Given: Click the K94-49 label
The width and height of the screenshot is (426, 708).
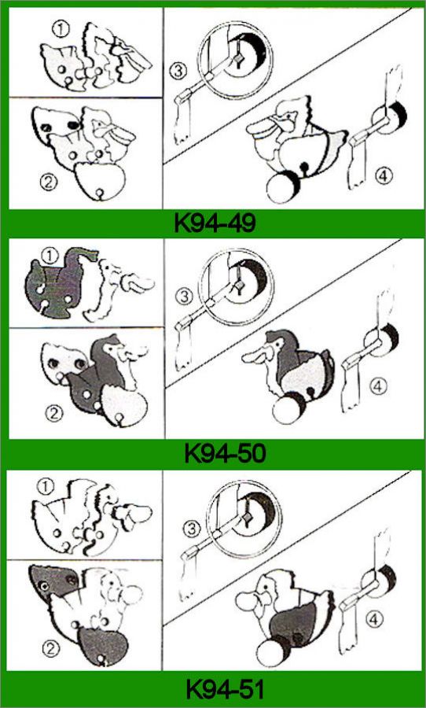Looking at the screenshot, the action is pos(215,223).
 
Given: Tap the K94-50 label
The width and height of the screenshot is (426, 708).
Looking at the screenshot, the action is pos(225,454).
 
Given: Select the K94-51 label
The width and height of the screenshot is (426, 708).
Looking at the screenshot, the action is pos(226,689).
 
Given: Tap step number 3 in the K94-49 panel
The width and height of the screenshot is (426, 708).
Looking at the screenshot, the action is pos(178,72).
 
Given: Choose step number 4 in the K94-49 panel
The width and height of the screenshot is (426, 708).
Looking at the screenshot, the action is pos(383,176).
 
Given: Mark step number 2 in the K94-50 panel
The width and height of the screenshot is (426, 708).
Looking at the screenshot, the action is pos(53,414).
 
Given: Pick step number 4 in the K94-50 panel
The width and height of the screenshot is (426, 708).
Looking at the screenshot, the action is pos(377,386).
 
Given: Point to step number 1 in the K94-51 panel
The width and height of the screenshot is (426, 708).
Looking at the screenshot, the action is pos(47,486).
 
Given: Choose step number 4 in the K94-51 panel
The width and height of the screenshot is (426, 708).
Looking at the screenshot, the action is pos(376,620).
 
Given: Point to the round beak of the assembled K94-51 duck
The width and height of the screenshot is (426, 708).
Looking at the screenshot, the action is pos(246,602).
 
